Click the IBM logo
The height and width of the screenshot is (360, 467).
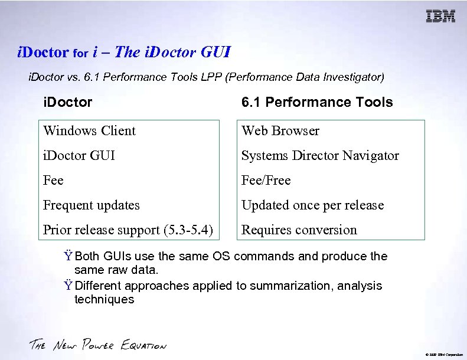coord(440,17)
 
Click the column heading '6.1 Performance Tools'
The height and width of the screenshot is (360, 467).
coord(317,102)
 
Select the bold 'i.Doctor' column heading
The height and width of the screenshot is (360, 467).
coord(68,102)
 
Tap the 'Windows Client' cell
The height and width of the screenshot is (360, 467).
coord(89,131)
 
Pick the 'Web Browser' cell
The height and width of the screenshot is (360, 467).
coord(280,131)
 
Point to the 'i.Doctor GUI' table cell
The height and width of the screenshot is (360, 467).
coord(79,156)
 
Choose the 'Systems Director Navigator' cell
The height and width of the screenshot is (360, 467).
coord(320,156)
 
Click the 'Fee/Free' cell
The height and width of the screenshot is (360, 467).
coord(266,181)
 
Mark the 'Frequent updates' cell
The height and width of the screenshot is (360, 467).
coord(92,205)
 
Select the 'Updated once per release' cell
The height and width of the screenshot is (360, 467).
coord(313,205)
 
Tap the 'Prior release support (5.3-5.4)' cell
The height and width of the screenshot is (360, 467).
coord(128,230)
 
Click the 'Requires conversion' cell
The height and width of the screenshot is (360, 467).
coord(299,230)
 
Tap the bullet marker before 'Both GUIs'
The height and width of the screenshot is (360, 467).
coord(68,257)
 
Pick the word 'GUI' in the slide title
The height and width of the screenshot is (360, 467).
coord(215,53)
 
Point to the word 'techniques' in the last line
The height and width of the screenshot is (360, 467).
coord(104,299)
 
